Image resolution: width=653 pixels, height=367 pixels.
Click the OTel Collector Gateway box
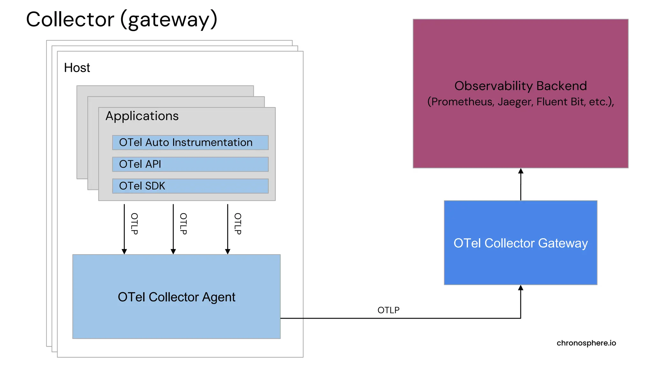520,243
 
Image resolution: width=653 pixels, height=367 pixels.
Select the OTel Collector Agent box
176,297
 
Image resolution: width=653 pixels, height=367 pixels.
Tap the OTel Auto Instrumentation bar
190,142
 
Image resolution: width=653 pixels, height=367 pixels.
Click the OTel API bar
190,164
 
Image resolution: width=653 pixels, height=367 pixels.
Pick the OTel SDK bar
190,186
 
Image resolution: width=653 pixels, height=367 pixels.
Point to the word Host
77,68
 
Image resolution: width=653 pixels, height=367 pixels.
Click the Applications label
142,116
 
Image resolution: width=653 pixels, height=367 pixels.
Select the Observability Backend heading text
520,86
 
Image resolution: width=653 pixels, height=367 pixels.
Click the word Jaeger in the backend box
515,102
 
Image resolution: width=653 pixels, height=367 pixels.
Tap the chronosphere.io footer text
586,343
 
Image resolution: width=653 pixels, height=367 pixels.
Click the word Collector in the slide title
70,19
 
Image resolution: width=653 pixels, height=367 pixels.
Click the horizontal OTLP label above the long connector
388,310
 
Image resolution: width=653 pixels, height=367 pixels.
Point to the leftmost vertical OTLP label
134,224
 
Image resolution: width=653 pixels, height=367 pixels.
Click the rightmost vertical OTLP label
238,224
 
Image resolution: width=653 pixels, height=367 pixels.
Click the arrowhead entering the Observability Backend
521,171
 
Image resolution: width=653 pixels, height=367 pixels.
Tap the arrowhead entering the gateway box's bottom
521,288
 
